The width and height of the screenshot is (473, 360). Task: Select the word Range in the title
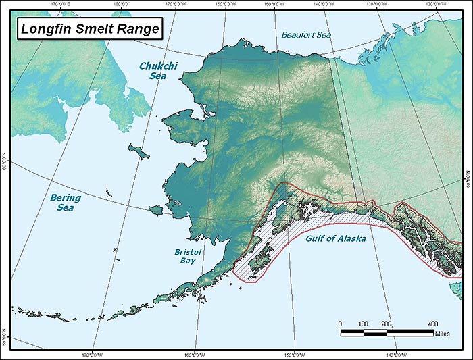click(141, 29)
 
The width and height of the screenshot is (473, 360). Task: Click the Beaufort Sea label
click(306, 34)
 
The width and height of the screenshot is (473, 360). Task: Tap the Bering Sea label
click(66, 203)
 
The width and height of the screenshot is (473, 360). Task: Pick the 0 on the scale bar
click(340, 324)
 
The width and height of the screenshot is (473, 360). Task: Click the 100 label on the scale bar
click(363, 324)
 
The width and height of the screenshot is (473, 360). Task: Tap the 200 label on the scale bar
click(386, 324)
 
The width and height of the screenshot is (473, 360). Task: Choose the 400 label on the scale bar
click(432, 324)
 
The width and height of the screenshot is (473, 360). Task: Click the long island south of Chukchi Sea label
click(143, 153)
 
